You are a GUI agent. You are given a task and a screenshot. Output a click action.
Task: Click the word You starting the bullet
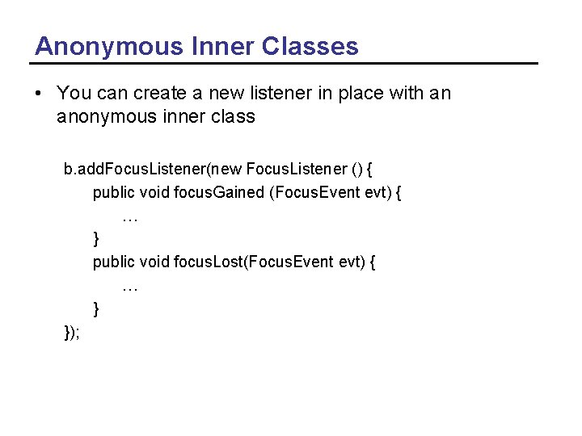(74, 94)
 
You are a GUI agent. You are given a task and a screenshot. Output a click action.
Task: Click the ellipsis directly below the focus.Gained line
(129, 217)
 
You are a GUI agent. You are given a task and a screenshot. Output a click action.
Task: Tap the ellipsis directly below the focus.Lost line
(129, 286)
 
